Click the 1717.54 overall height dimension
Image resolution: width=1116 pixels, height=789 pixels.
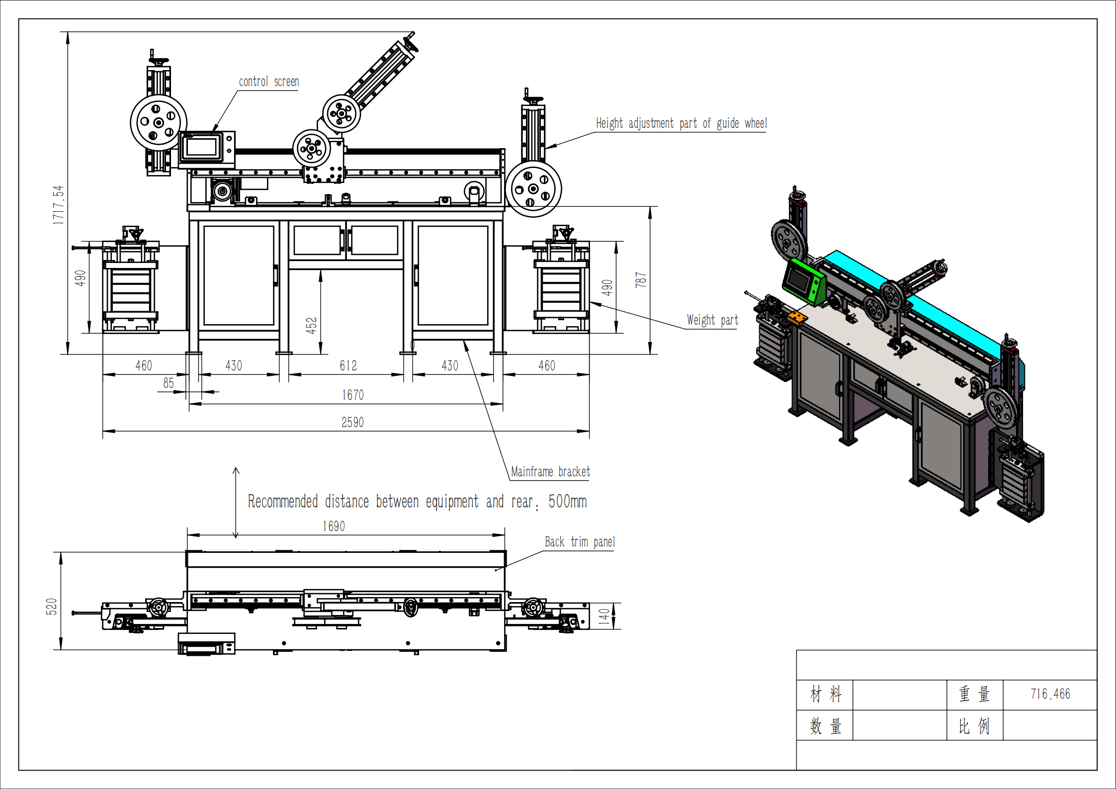point(59,205)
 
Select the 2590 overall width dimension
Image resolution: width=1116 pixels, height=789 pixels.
point(352,423)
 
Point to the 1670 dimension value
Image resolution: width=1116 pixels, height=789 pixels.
point(353,395)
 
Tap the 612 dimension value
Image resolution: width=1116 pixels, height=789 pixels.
point(348,366)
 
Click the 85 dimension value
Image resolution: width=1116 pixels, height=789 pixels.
point(169,383)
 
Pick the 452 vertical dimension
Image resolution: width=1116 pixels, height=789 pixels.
point(311,325)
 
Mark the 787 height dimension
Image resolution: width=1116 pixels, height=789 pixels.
point(641,280)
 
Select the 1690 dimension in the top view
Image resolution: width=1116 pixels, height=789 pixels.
point(334,526)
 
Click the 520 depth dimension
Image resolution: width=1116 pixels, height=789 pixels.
point(51,607)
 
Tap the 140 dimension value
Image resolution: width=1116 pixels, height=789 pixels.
point(604,616)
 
